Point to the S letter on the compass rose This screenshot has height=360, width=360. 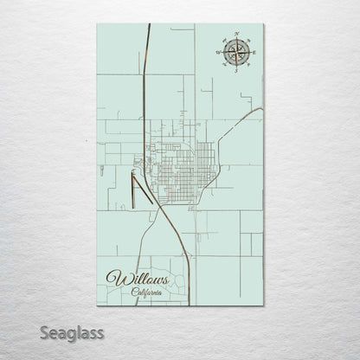point(235,74)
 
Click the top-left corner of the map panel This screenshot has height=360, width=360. point(97,23)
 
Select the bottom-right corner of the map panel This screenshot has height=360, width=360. point(263,305)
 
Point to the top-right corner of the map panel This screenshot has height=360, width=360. point(263,23)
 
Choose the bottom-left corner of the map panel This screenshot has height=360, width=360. point(97,305)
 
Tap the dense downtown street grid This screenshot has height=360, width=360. point(177,160)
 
